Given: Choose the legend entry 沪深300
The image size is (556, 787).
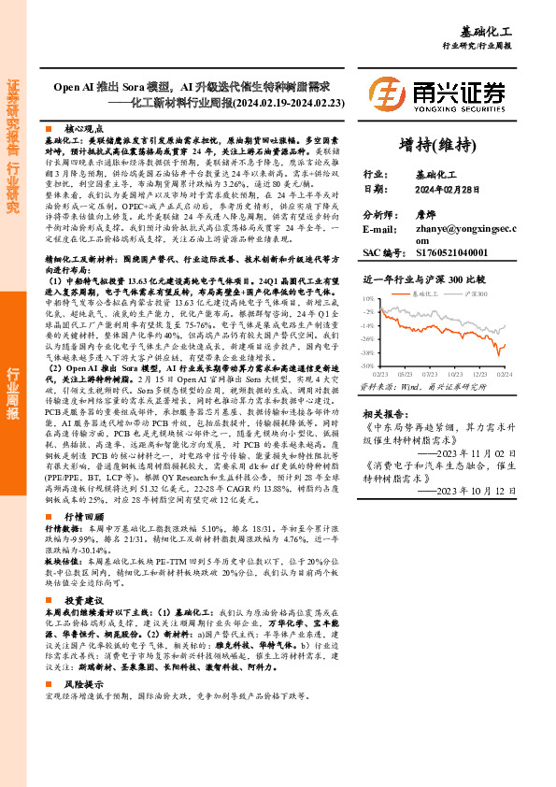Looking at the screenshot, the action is pos(476,293).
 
